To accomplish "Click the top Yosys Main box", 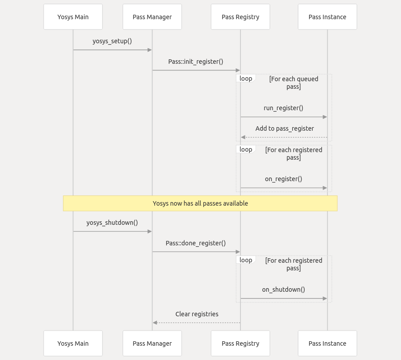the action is coord(73,17).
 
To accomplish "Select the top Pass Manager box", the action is coord(152,17).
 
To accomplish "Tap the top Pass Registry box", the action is coord(240,17).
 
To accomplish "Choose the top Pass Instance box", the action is coord(327,17).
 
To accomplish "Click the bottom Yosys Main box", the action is coord(73,343).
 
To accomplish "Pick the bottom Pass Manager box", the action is coord(152,343).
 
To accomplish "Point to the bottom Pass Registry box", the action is coord(240,343).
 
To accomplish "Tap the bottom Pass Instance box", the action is coord(327,343).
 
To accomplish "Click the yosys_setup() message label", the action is coord(112,41).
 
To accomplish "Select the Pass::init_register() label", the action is coord(196,62).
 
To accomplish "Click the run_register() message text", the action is coord(283,108).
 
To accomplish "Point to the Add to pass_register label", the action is coord(285,128).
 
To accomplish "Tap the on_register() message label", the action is coord(283,179).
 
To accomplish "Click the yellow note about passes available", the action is coord(200,203).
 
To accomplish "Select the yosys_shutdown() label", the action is coord(112,223).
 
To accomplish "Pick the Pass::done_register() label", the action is coord(196,243).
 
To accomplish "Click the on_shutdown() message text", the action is coord(283,290).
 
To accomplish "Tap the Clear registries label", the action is coord(197,314).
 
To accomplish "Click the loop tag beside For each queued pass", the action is coord(246,79).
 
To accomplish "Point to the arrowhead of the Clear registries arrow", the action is coord(155,323).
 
